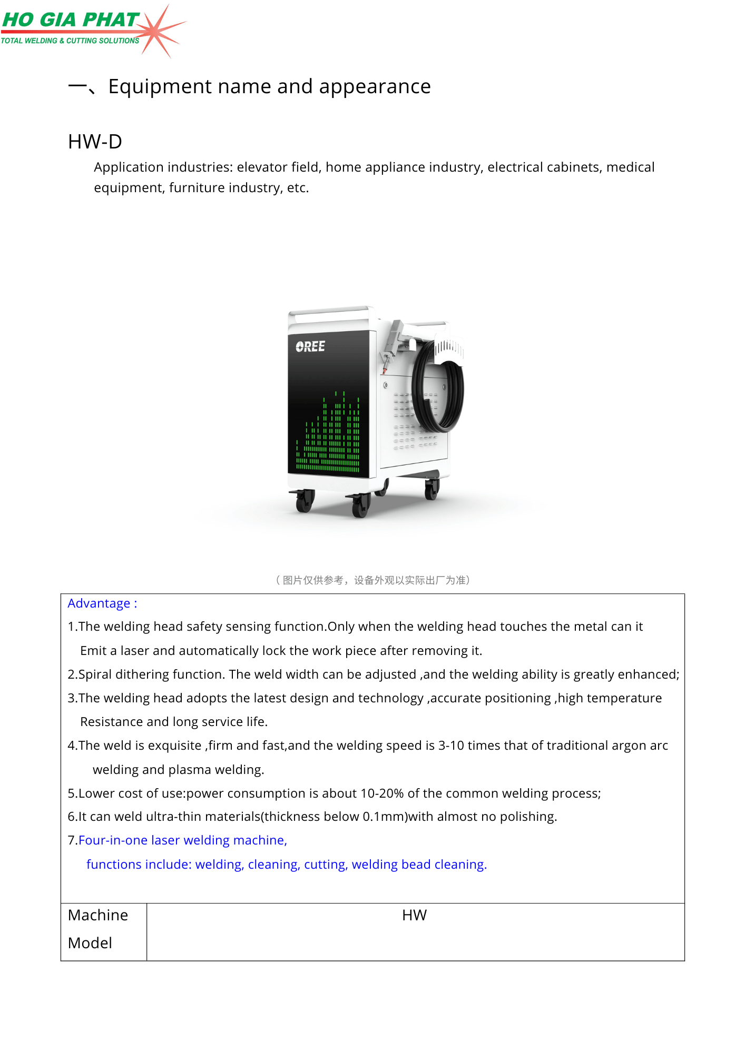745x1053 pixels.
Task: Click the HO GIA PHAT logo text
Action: (x=71, y=20)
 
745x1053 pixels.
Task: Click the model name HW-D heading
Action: (x=95, y=142)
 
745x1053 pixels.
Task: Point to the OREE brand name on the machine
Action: (x=310, y=346)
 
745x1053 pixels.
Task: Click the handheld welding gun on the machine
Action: (x=393, y=342)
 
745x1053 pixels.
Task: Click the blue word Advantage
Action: (x=99, y=603)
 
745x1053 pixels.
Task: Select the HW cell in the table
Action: (x=414, y=915)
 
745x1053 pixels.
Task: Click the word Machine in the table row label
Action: (x=98, y=915)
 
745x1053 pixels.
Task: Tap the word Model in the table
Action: (x=90, y=943)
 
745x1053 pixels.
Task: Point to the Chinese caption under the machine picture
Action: (x=372, y=580)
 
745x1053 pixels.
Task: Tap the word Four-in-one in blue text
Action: (x=113, y=840)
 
